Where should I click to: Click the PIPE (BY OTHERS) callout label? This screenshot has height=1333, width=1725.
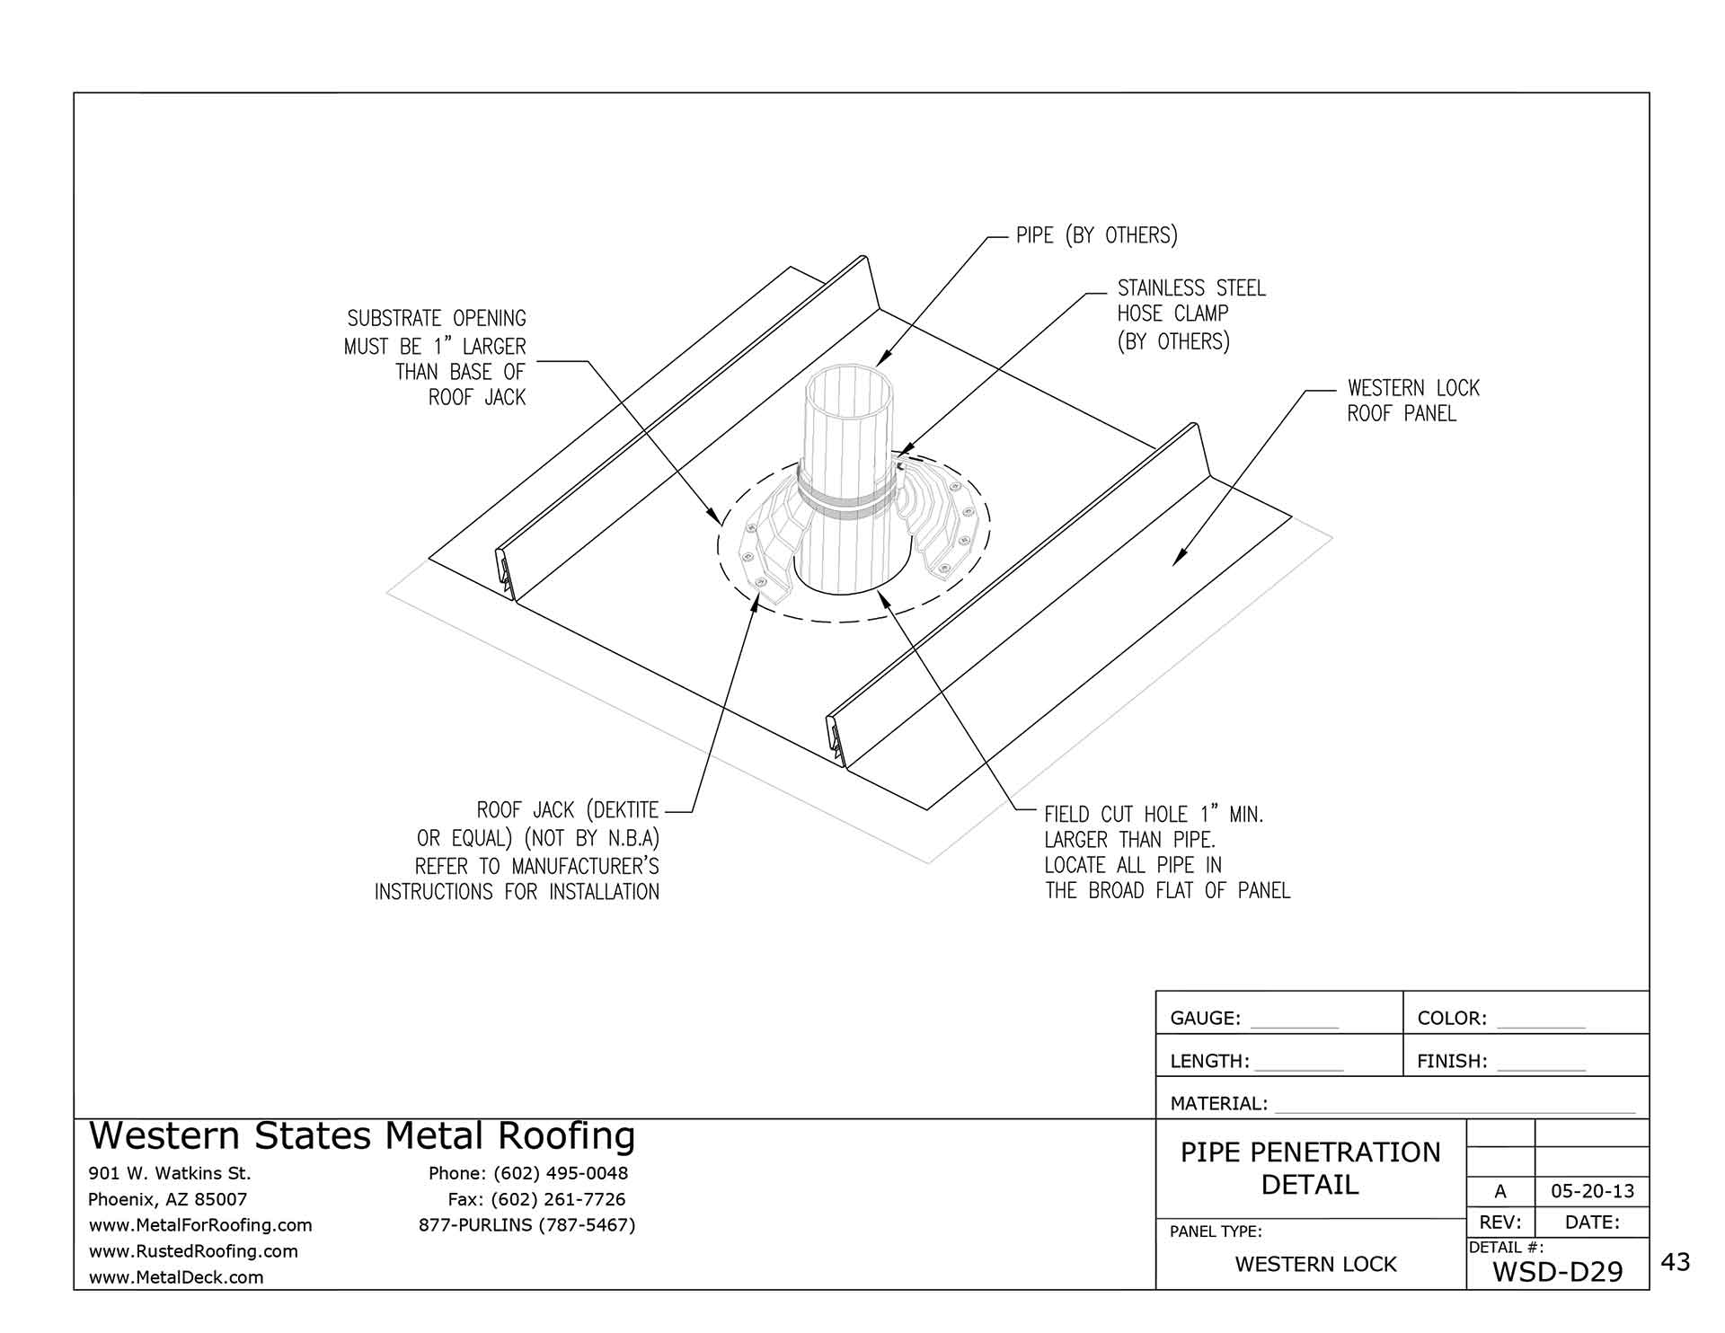click(1096, 235)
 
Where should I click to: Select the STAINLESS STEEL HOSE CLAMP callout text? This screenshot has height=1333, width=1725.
click(1190, 314)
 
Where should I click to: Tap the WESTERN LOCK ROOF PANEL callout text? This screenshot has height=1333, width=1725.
click(1412, 401)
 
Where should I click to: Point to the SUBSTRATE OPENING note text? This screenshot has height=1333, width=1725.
click(436, 358)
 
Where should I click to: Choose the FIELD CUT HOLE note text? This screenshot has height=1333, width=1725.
click(1166, 852)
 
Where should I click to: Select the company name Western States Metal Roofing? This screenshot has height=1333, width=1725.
click(362, 1136)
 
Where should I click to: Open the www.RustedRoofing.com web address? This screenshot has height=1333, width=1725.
click(193, 1251)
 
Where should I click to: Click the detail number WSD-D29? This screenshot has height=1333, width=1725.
click(1557, 1272)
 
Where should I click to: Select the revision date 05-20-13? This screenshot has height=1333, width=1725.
click(1592, 1192)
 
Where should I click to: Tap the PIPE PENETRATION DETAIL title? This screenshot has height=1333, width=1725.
click(1310, 1168)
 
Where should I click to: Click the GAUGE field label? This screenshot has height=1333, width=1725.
click(1205, 1019)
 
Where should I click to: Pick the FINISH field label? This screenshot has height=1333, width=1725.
click(1452, 1062)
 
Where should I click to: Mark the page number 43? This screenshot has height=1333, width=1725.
click(1676, 1263)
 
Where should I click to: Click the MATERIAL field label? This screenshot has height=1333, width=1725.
click(1218, 1104)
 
